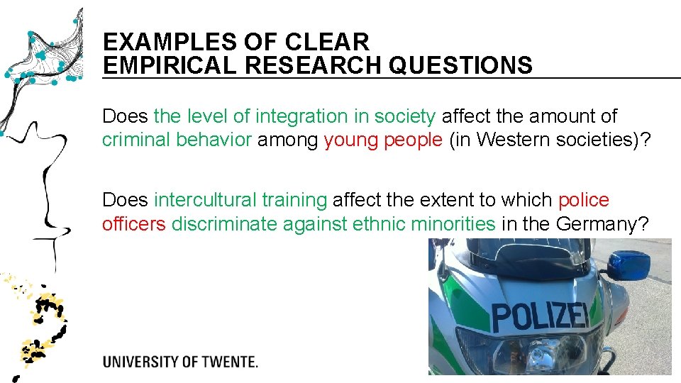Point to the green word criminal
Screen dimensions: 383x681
[136, 140]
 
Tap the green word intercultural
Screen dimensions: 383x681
[206, 200]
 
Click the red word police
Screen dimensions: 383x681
[583, 200]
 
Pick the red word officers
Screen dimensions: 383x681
[133, 224]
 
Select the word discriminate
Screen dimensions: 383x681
[225, 224]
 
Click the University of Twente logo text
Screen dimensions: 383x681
[180, 362]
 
